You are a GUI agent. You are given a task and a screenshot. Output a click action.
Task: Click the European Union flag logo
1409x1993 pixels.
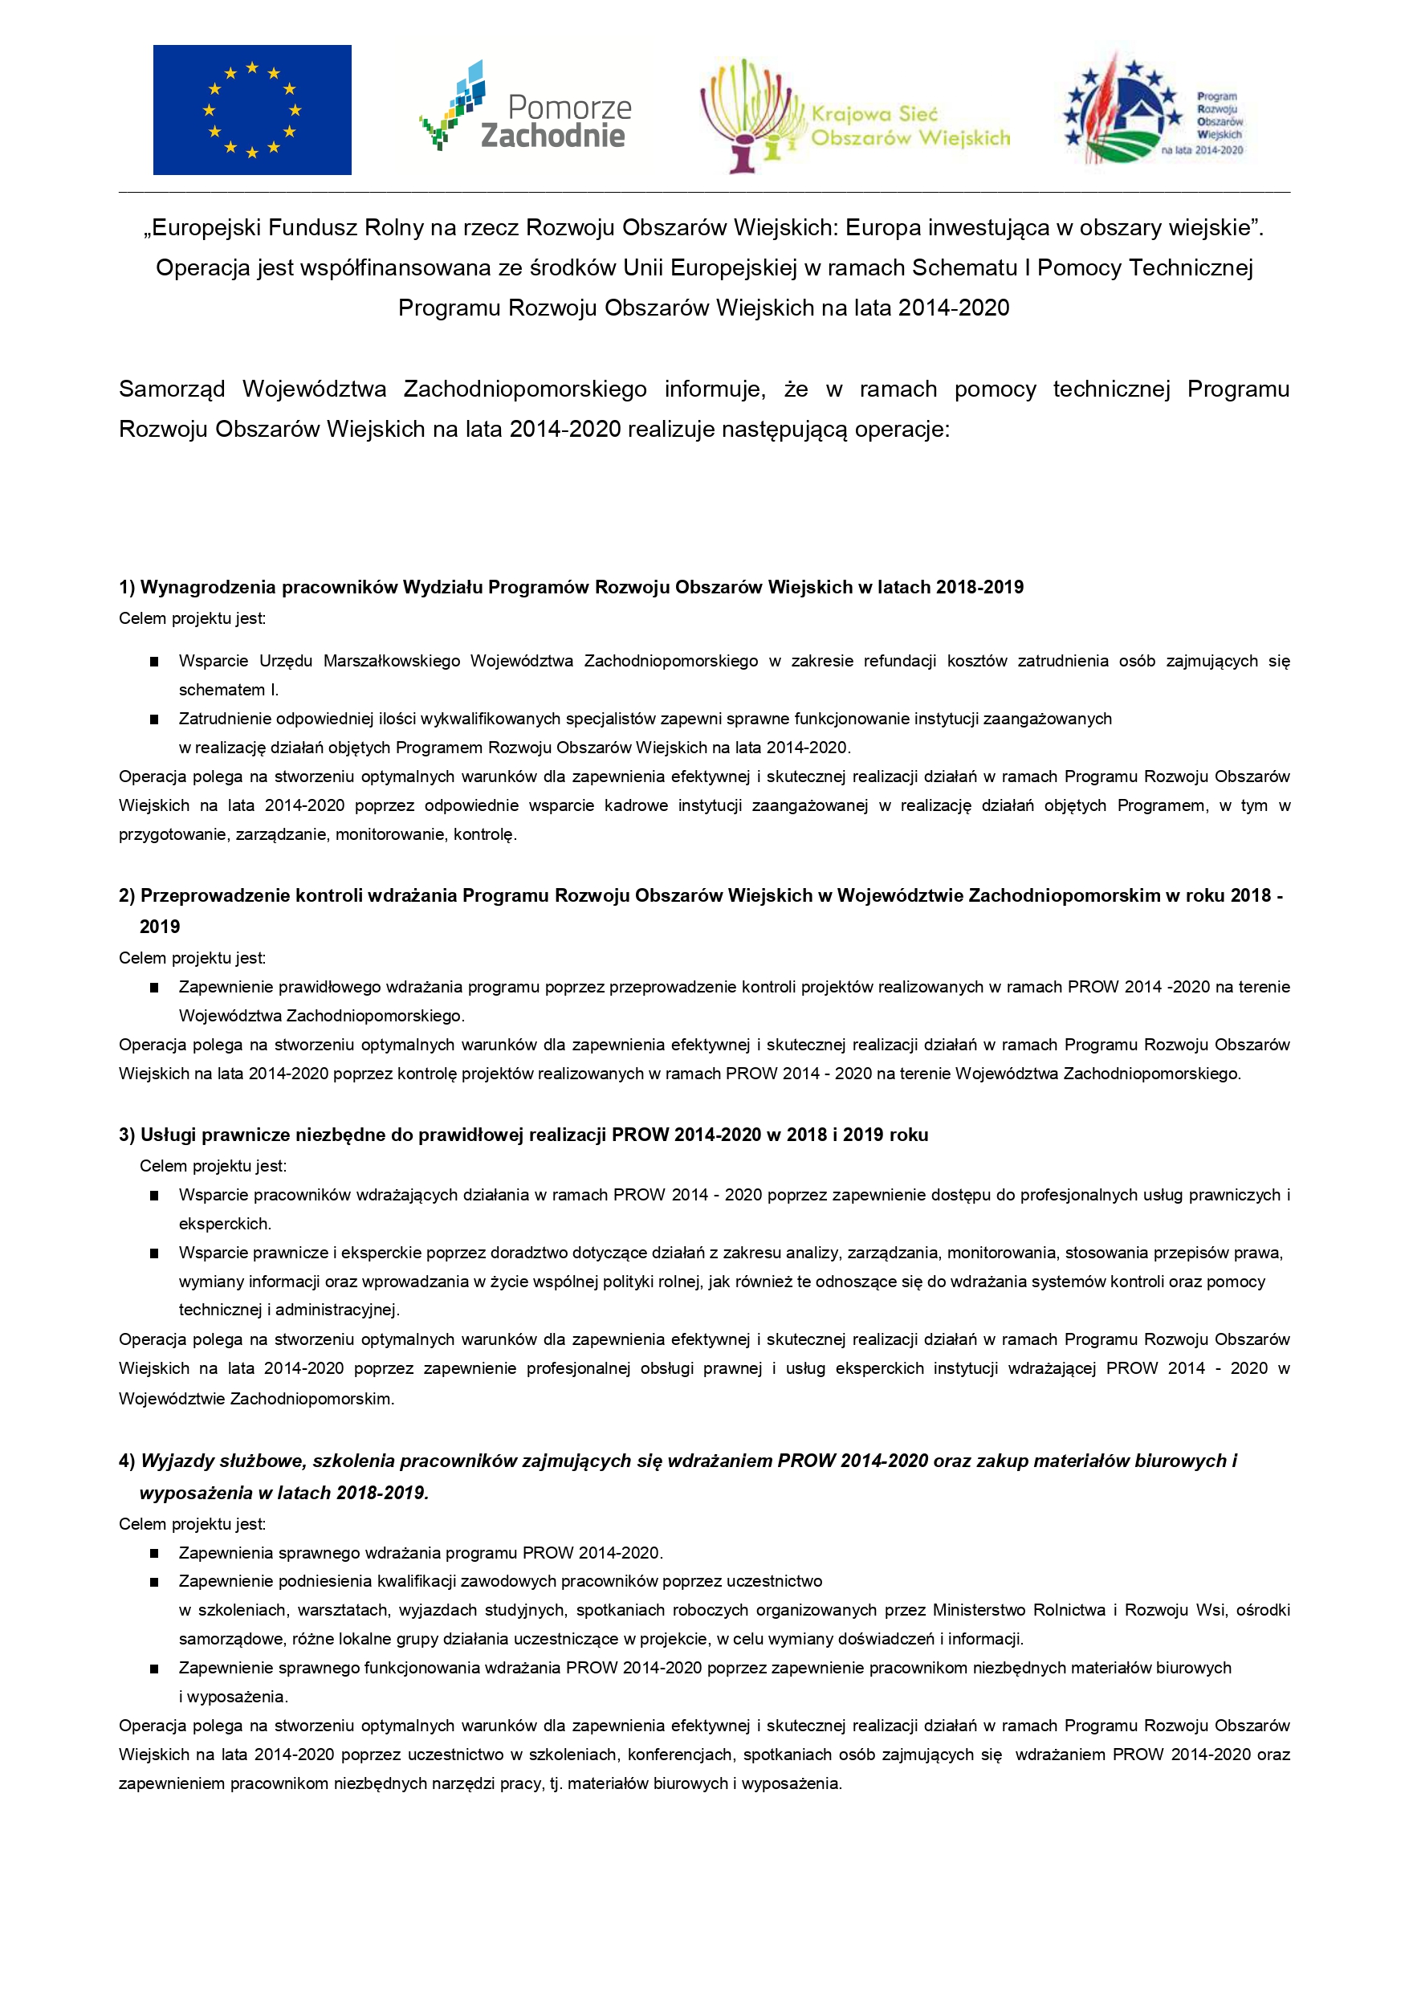pos(252,110)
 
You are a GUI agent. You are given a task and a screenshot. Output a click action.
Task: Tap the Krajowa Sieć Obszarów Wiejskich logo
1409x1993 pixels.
pos(854,117)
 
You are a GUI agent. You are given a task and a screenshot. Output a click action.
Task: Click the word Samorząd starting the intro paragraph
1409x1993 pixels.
pos(172,389)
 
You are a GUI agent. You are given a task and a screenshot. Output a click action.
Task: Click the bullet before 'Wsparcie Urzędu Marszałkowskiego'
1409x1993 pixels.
pos(154,662)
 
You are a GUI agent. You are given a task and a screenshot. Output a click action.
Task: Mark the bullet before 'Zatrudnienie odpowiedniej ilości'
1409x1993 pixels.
pos(154,719)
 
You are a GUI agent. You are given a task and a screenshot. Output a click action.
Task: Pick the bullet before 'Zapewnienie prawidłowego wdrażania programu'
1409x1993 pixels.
pos(154,987)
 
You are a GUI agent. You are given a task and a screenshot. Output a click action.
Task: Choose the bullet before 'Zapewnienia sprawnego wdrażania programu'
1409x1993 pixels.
pos(154,1553)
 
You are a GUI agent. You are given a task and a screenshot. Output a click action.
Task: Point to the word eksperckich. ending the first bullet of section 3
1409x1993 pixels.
pos(225,1224)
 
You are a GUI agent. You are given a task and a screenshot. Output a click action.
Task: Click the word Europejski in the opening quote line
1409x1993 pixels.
pos(202,227)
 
